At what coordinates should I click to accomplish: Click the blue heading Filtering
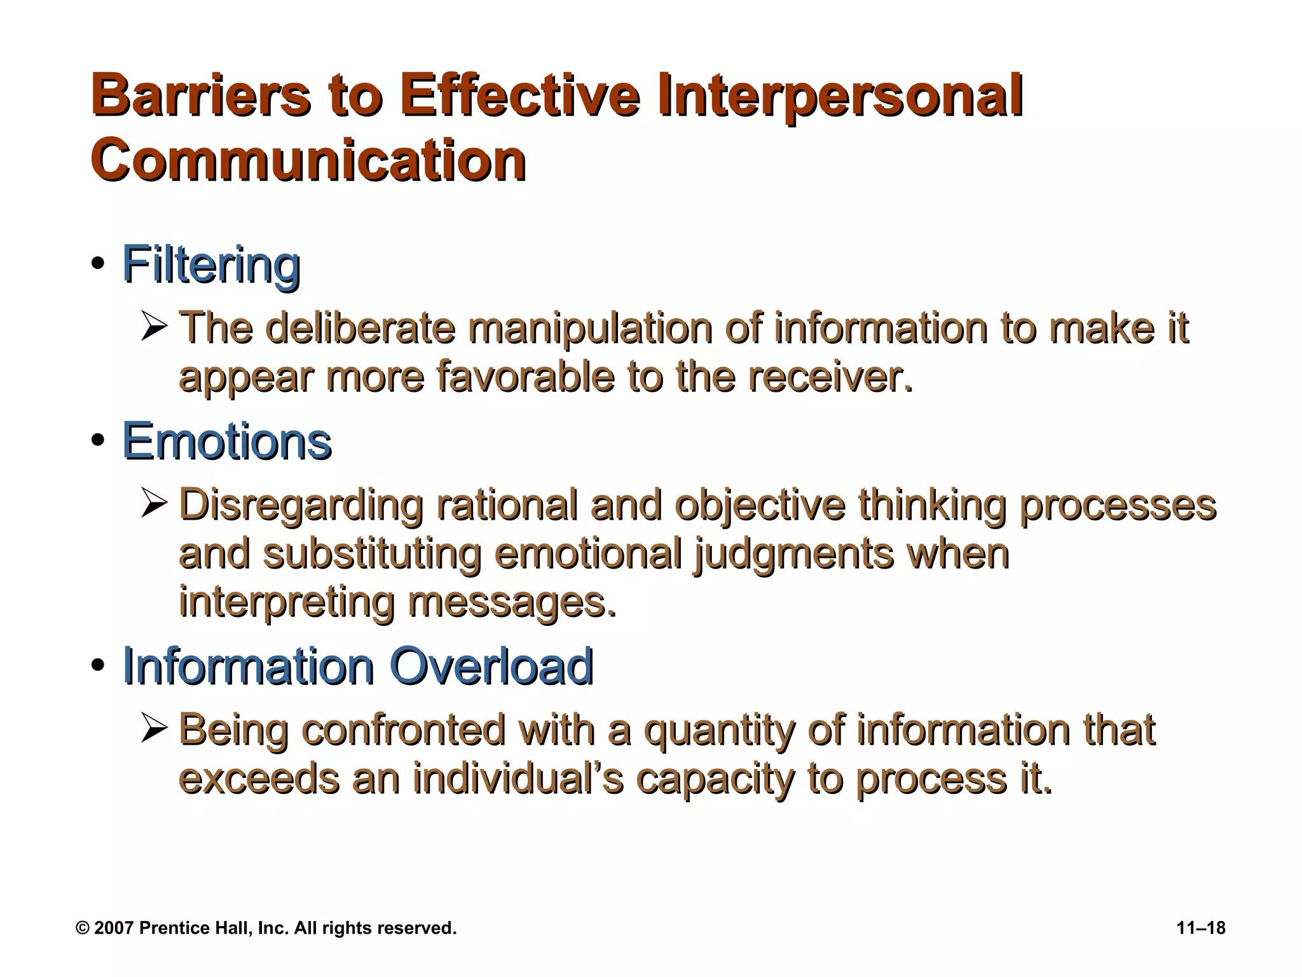pyautogui.click(x=211, y=265)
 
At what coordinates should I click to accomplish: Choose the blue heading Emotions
pyautogui.click(x=227, y=441)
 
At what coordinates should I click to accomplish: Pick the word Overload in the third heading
pyautogui.click(x=491, y=666)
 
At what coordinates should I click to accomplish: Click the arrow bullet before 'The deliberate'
pyautogui.click(x=154, y=328)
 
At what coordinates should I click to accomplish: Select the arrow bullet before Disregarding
pyautogui.click(x=154, y=504)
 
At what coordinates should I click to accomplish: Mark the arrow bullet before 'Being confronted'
pyautogui.click(x=154, y=730)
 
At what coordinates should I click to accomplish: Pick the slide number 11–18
pyautogui.click(x=1201, y=928)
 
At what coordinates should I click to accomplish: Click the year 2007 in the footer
pyautogui.click(x=114, y=928)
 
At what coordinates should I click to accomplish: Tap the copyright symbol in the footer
pyautogui.click(x=83, y=928)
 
